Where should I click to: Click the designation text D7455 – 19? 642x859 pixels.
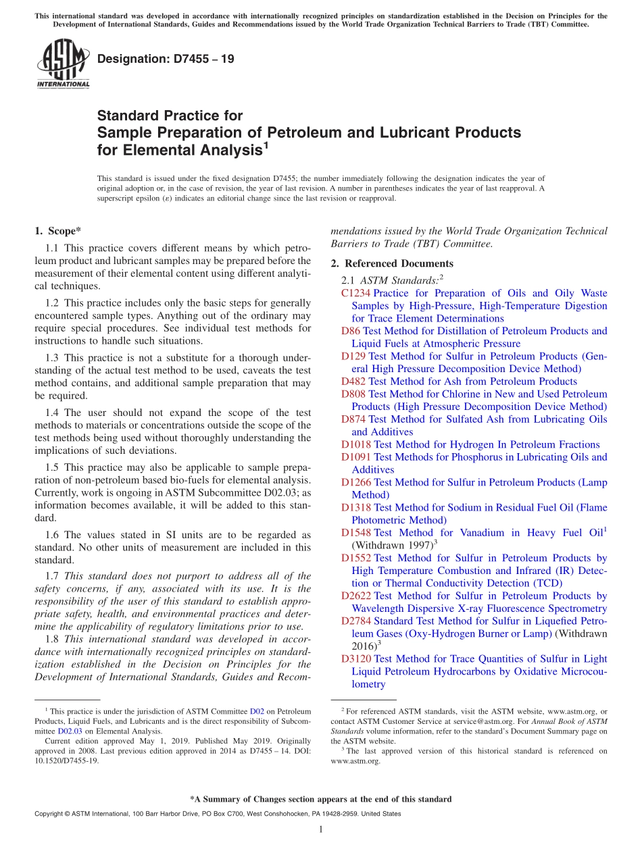(166, 59)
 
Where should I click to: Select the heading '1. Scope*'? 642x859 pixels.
(57, 231)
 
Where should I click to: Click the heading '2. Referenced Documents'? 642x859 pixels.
(392, 263)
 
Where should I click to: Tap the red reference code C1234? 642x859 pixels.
(355, 293)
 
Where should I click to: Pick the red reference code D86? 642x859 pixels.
(351, 331)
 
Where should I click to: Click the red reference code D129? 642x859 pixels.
(353, 356)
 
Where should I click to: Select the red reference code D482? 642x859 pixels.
(353, 382)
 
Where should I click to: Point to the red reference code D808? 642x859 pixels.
(353, 394)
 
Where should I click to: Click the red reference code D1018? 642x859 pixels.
(356, 444)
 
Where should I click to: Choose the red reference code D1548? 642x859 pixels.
(356, 533)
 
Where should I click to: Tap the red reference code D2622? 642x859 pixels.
(356, 596)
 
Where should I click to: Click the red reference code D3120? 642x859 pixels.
(356, 658)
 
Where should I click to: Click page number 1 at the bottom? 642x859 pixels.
(321, 829)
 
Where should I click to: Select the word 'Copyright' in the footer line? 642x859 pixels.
(51, 814)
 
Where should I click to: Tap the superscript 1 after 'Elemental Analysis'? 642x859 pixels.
(266, 144)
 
